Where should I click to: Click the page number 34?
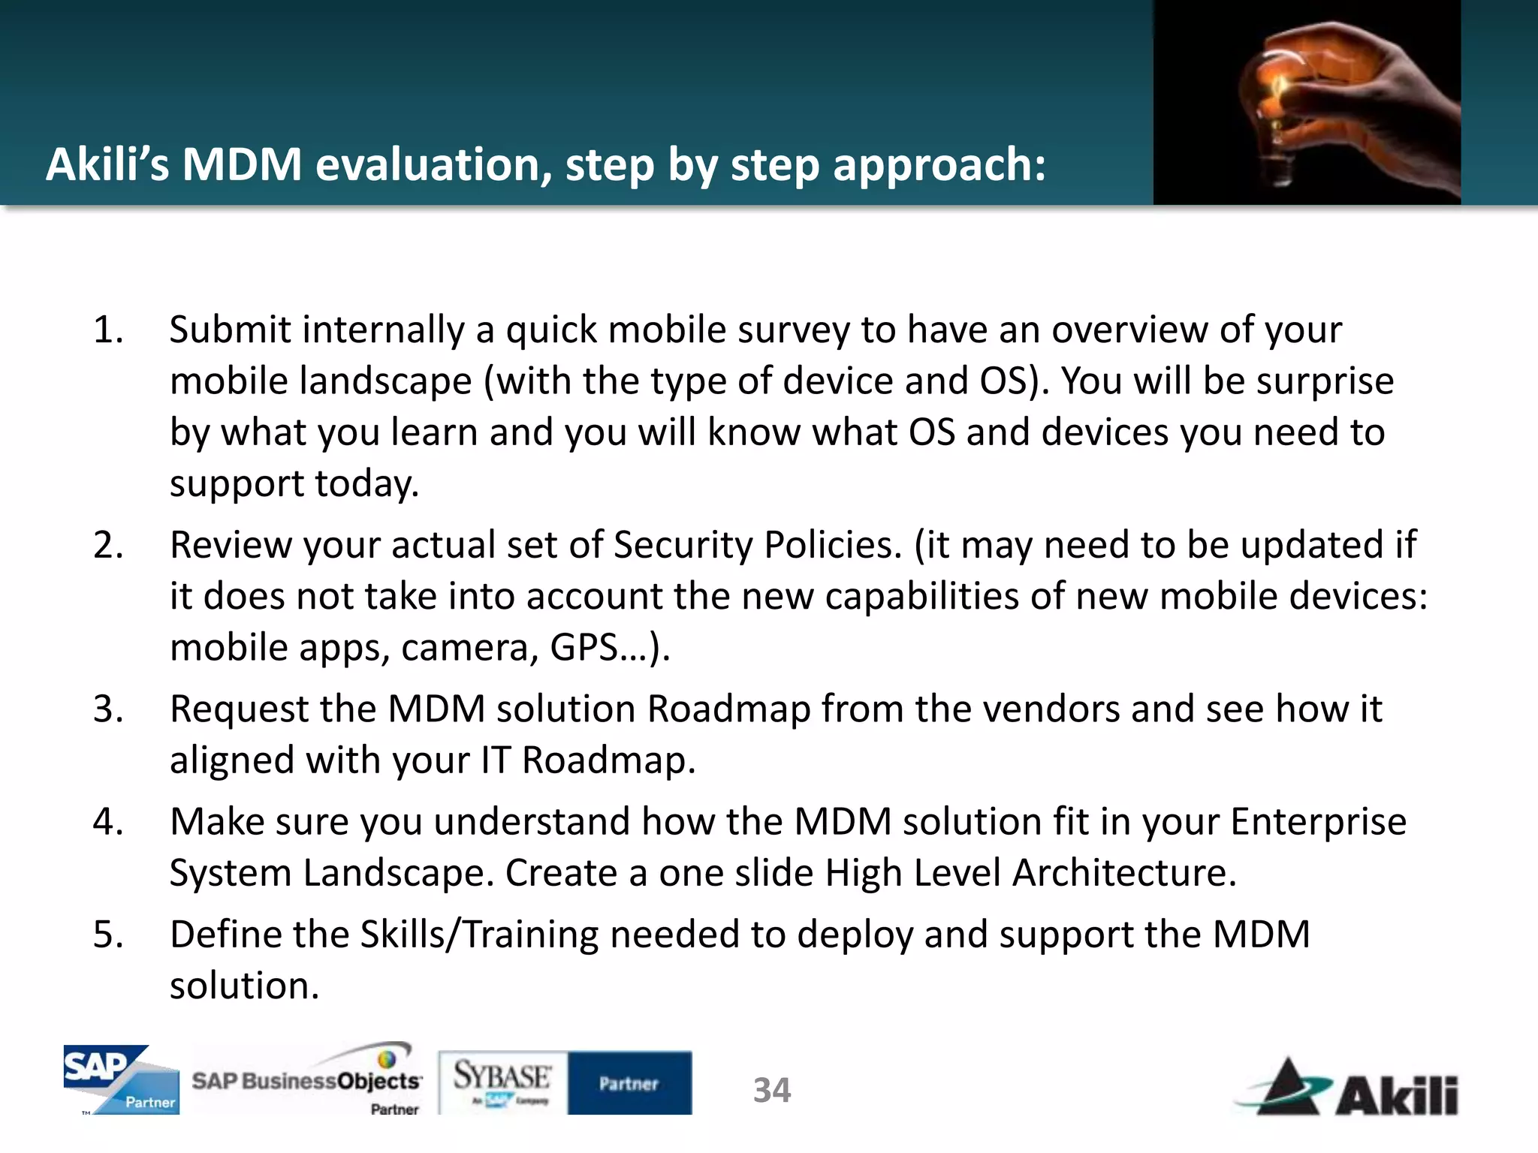[772, 1090]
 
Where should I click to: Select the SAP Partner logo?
[121, 1079]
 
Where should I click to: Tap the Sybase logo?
[502, 1081]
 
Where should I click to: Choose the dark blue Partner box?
[629, 1082]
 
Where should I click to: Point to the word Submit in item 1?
[230, 330]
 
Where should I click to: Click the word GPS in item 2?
[584, 648]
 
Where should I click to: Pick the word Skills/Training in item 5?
[479, 935]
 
